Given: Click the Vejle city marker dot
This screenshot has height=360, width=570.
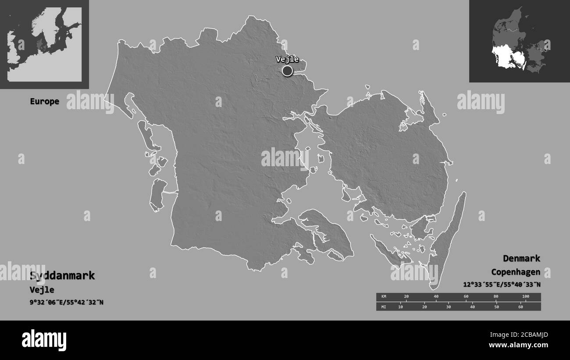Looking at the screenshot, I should coord(287,71).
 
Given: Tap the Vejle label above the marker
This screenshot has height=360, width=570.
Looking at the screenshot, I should coord(287,59).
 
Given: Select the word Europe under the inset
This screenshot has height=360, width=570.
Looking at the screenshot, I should coord(44,101).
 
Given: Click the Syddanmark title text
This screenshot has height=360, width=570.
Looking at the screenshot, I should coord(62,276).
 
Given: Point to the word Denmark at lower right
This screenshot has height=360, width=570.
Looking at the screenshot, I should coord(521,258).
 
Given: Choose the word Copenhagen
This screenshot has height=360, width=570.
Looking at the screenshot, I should coord(515,272).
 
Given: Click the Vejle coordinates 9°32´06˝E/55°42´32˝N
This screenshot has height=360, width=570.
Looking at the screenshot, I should coord(67,302).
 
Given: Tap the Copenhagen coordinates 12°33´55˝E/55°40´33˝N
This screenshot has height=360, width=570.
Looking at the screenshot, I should coord(502,284).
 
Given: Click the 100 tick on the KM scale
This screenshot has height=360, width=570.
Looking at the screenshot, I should coord(525,297).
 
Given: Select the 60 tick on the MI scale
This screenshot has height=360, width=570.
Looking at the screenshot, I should coord(520,307).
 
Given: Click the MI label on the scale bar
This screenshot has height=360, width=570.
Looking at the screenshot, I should coord(383,307).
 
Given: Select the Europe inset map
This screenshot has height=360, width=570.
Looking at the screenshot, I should coord(44,44).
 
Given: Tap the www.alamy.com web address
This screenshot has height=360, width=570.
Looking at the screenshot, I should coord(522,345).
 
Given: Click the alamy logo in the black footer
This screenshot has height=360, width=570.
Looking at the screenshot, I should coord(44,340).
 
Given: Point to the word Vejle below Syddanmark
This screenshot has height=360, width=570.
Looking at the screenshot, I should coord(42,290).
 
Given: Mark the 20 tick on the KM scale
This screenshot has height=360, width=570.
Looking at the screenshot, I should coord(406,297).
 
